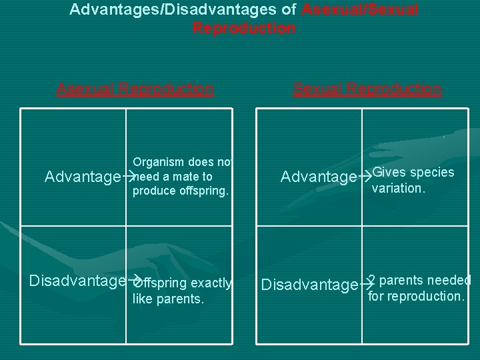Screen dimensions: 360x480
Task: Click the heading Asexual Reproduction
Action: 135,89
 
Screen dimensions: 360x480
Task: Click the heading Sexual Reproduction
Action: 367,89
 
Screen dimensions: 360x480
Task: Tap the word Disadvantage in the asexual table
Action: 77,281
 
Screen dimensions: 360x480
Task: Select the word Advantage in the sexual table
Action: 319,177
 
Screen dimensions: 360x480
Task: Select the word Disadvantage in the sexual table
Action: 309,285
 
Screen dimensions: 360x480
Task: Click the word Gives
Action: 387,172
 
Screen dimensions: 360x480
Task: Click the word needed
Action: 450,280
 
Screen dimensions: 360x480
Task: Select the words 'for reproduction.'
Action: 416,295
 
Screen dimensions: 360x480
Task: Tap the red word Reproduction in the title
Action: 244,28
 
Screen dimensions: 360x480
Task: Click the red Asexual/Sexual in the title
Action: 361,10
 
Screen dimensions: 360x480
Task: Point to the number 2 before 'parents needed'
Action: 372,280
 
